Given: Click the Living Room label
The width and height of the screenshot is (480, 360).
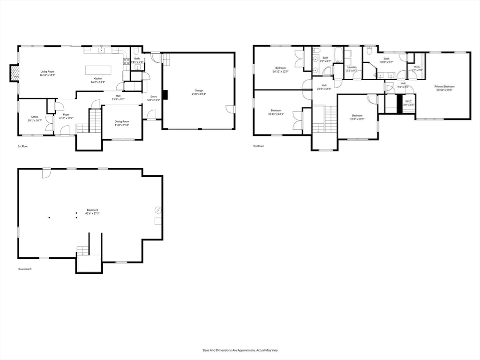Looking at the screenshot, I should pos(47,71).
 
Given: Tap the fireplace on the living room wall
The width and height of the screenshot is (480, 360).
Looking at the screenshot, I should pos(15,73).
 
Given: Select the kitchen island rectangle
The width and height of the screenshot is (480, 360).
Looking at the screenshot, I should pos(98,70).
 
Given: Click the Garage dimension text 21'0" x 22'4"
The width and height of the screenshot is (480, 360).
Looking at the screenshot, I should pos(199,94).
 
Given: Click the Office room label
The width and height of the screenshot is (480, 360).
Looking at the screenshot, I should pos(35,117).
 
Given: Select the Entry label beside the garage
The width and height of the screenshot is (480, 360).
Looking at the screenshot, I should pos(154,97).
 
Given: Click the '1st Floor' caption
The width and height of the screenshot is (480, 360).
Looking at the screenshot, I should pos(23,146).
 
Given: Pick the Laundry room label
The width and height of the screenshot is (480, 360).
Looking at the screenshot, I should pos(352,67).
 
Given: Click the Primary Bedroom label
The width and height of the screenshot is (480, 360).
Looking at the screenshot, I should pos(445,86).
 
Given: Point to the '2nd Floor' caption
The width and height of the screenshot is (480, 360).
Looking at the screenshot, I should pos(259,146).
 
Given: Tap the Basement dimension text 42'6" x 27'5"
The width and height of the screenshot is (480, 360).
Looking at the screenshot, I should pos(92,213).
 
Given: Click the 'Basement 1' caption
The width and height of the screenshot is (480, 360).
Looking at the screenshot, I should pos(25,269).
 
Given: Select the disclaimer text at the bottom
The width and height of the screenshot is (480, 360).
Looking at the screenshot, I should pos(240,350).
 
